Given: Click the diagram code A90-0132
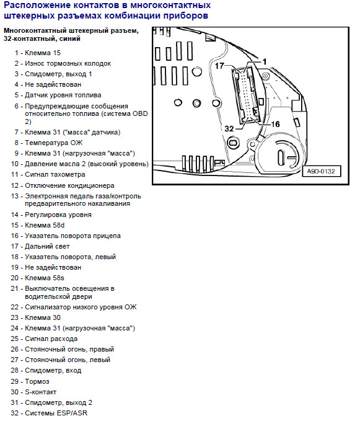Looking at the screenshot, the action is click(x=321, y=171).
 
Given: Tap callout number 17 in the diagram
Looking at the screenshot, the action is click(x=219, y=66).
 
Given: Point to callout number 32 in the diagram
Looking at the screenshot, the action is click(x=229, y=129).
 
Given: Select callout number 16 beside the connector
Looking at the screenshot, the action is click(x=275, y=124).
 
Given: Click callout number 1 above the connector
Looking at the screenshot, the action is click(x=264, y=62).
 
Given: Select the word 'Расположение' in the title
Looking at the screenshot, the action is click(x=37, y=6).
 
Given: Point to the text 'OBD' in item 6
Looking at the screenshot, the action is click(x=140, y=114).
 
